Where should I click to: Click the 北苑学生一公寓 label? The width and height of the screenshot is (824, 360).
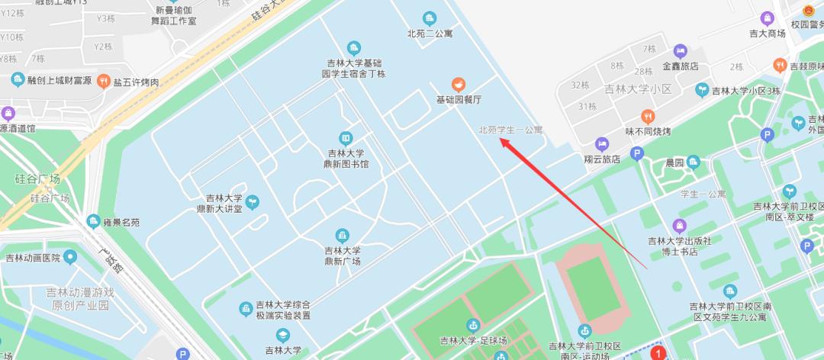point(510,130)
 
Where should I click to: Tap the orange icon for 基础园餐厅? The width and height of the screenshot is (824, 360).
point(459,84)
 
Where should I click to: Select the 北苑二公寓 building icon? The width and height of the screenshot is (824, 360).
point(430,18)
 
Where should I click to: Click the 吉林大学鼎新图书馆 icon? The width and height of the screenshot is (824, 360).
point(346,137)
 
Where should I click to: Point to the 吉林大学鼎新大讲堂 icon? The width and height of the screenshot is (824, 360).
point(252,202)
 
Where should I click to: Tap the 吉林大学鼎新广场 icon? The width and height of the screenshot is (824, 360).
point(343,234)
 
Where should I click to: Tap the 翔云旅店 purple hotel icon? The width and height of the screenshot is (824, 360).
point(602,143)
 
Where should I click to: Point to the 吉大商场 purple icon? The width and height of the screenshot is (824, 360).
point(767,18)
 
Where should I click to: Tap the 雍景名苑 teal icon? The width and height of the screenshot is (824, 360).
point(94,222)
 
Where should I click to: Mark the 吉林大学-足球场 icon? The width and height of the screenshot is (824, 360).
point(473,326)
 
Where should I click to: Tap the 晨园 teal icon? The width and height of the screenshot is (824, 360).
point(693,162)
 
